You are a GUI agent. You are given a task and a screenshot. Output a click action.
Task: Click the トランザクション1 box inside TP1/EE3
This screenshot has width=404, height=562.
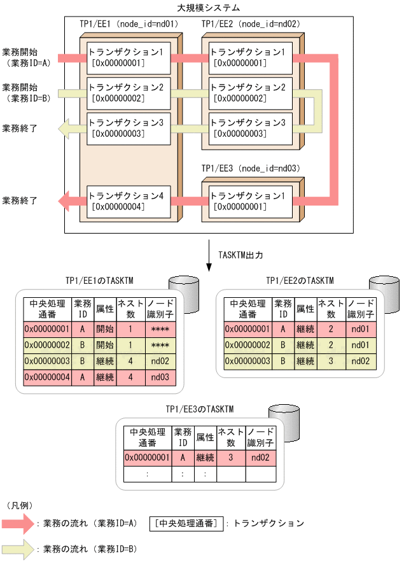pyautogui.click(x=247, y=201)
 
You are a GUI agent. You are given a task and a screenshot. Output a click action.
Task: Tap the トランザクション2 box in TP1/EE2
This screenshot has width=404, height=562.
pyautogui.click(x=247, y=92)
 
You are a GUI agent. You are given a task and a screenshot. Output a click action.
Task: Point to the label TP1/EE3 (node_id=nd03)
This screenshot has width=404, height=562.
pyautogui.click(x=251, y=169)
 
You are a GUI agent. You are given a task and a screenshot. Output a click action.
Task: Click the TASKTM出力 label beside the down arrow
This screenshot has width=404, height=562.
pyautogui.click(x=240, y=254)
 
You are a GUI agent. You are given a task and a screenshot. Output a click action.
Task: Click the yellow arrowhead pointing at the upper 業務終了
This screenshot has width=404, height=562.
pyautogui.click(x=64, y=130)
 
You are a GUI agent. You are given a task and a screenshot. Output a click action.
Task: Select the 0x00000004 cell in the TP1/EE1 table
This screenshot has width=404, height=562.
pyautogui.click(x=46, y=377)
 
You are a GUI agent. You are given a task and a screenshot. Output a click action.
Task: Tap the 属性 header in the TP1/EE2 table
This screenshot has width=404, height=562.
pyautogui.click(x=305, y=309)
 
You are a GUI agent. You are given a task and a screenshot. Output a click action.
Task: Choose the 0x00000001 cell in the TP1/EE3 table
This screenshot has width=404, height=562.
pyautogui.click(x=146, y=457)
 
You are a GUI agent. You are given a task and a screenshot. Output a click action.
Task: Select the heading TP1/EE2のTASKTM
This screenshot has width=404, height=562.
pyautogui.click(x=300, y=280)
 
